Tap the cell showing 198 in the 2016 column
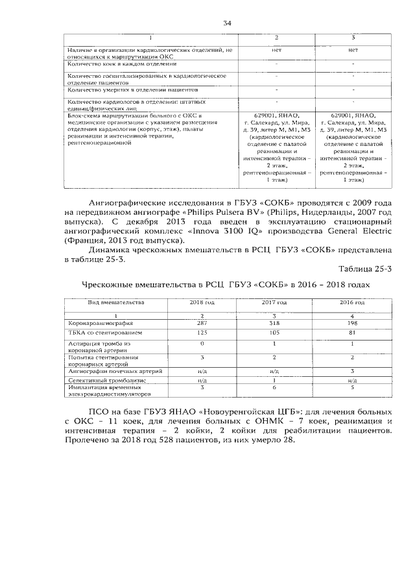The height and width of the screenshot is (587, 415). pos(351,322)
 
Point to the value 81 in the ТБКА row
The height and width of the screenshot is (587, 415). pos(351,333)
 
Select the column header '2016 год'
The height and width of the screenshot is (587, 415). pos(351,302)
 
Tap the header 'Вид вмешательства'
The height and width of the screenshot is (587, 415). pos(116,302)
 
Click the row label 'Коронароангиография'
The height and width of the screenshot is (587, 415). pos(101,322)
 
